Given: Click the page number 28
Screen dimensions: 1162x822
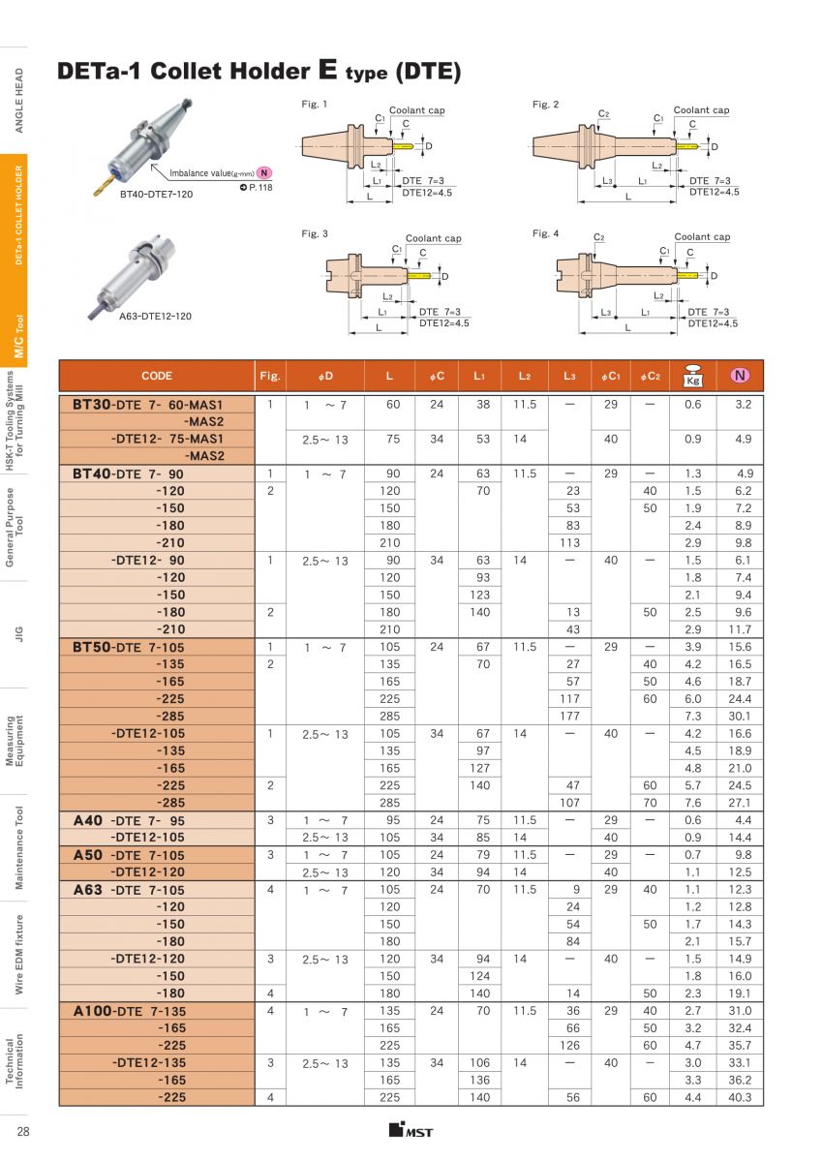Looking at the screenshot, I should click(22, 1133).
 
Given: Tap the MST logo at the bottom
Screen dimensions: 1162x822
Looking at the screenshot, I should click(411, 1131).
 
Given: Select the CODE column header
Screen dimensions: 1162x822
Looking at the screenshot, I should click(157, 376).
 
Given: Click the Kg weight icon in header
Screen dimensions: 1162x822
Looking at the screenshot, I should click(692, 376).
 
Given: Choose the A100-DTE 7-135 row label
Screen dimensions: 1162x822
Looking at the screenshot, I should click(129, 1011).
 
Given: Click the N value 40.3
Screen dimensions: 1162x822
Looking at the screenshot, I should click(740, 1097).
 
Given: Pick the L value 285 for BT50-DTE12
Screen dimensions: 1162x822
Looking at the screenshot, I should click(389, 803).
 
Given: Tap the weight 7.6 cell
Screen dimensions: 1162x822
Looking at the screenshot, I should click(692, 803).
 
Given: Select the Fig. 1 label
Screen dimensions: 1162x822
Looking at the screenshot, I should click(315, 104).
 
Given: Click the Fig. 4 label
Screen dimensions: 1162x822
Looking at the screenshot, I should click(545, 233).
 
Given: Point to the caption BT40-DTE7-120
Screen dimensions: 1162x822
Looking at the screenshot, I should click(157, 195).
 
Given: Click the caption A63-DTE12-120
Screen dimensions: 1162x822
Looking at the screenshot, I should click(155, 317).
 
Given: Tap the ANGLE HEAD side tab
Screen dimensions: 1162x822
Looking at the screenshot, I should click(18, 100).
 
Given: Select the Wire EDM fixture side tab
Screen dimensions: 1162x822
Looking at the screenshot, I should click(18, 954).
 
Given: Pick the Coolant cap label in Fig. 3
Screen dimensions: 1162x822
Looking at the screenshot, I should click(433, 238).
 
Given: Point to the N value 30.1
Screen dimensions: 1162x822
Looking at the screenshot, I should click(740, 717).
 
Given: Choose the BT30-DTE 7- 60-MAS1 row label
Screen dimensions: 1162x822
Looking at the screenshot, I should click(148, 404).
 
